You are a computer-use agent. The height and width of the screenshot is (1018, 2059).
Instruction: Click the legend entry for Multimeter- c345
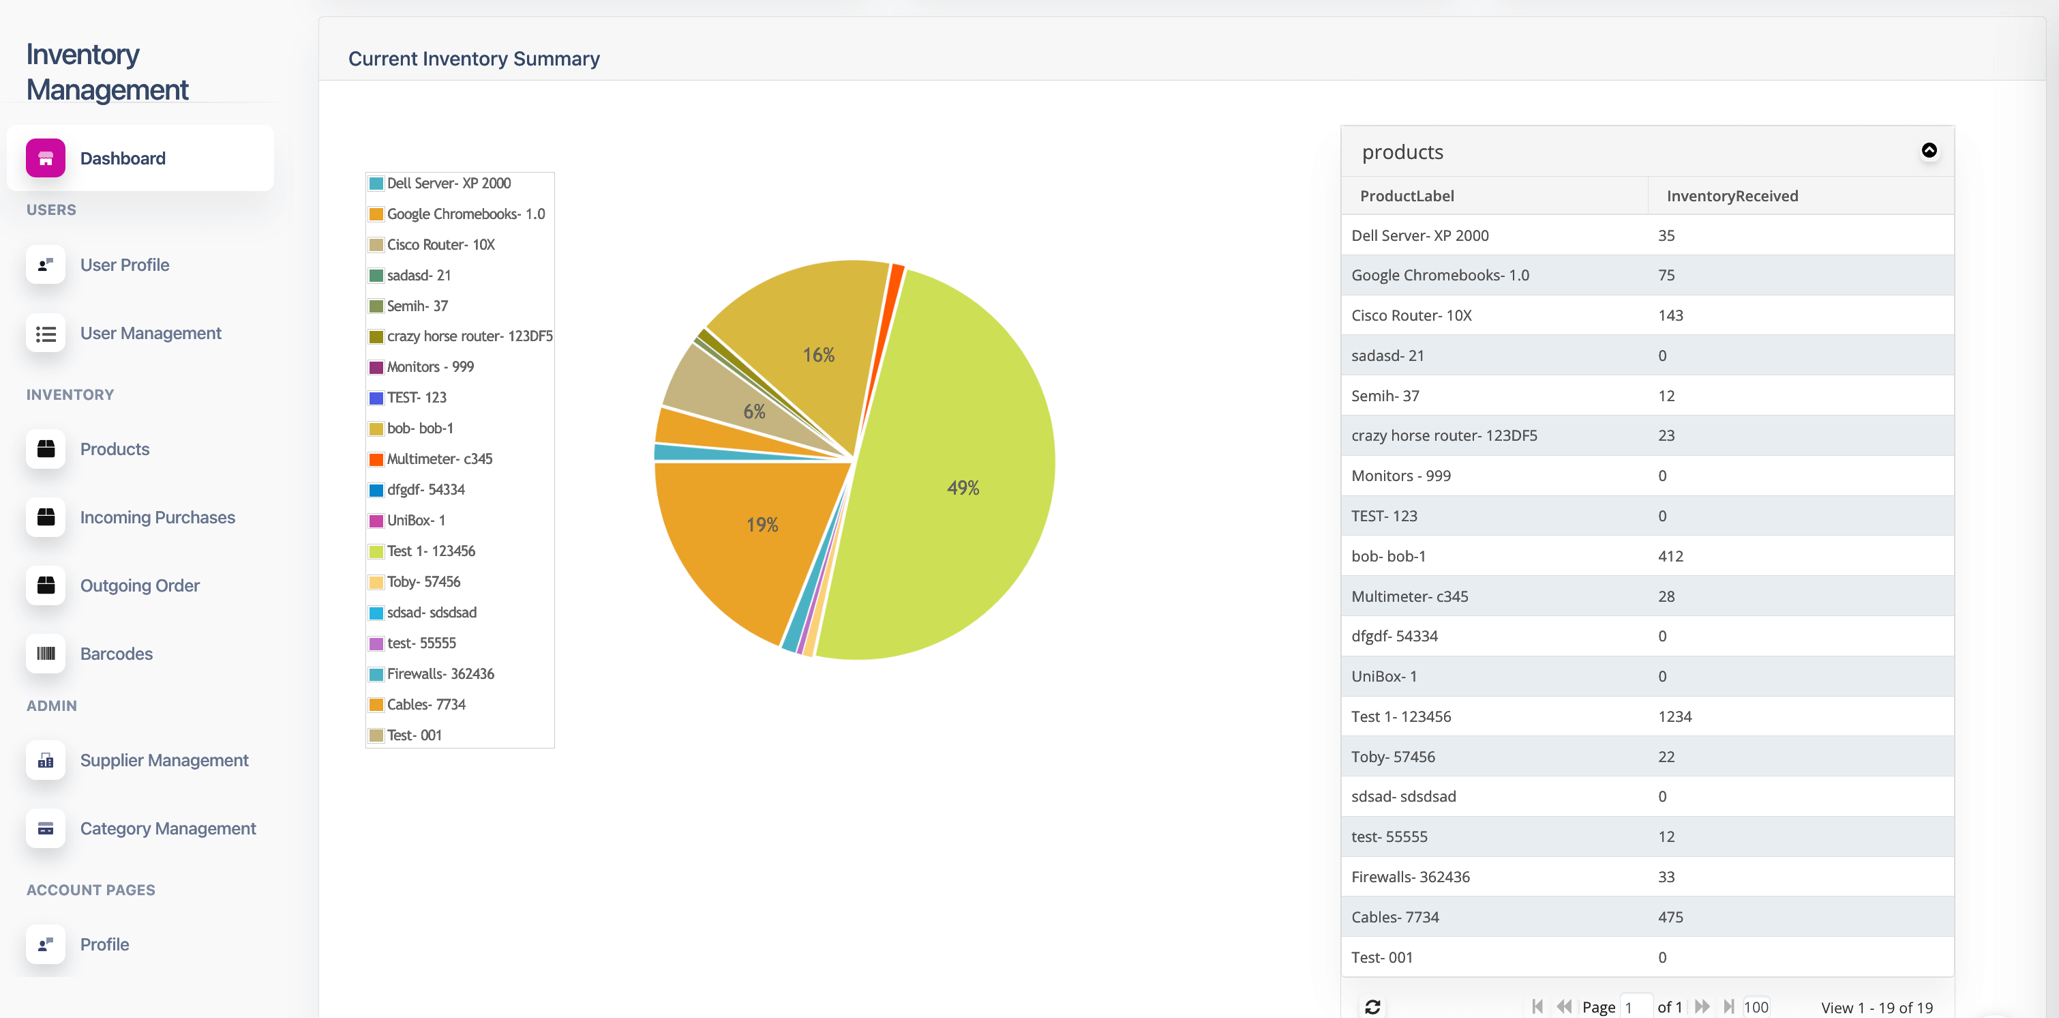431,459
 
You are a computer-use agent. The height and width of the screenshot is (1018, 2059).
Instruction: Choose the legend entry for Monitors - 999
421,367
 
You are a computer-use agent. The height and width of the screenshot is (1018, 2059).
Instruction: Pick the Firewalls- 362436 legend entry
432,674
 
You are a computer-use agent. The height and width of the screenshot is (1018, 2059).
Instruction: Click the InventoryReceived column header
1732,196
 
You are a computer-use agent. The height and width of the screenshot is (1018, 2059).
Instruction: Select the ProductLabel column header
1407,196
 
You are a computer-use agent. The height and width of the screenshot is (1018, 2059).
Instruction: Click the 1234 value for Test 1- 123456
1674,716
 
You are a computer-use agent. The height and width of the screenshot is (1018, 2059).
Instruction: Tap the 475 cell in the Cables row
1670,917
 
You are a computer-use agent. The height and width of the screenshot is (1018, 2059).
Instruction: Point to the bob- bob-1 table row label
1388,557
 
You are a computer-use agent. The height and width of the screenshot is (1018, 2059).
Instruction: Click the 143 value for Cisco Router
1670,316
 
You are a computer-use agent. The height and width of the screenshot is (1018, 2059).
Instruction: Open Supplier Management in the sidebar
164,761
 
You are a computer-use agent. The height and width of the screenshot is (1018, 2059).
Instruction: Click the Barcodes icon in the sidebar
46,654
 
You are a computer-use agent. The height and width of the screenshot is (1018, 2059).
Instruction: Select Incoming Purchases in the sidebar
157,517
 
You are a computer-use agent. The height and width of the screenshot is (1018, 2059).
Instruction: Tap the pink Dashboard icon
46,158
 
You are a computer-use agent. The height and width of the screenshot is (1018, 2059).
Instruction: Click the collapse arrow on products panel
1929,150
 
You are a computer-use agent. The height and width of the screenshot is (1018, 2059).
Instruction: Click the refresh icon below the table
1372,1007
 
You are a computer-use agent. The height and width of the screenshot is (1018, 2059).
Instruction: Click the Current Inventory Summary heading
474,59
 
